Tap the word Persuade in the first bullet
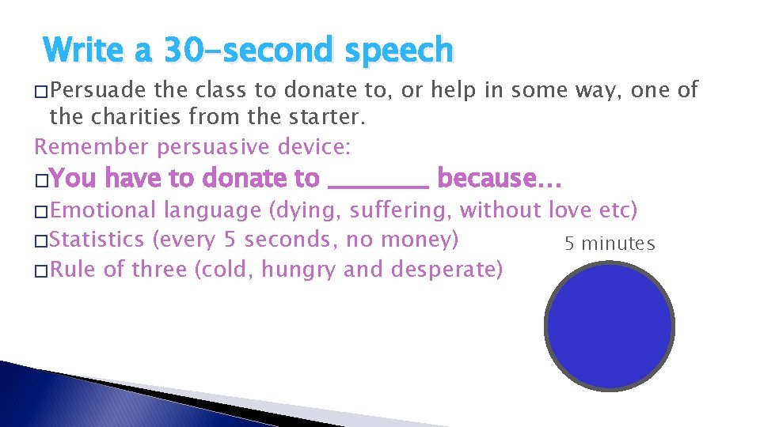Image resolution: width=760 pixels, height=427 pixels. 92,90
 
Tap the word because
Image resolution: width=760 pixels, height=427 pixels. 498,178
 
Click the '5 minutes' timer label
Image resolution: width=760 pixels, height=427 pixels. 610,244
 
